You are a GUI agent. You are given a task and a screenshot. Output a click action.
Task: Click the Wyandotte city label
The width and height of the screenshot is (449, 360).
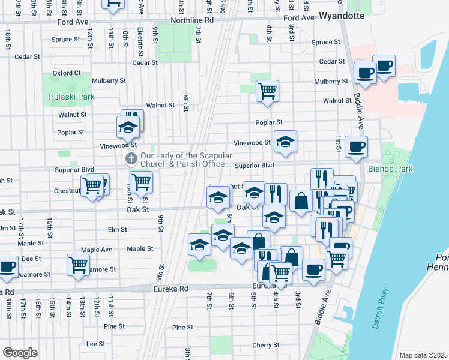(342, 16)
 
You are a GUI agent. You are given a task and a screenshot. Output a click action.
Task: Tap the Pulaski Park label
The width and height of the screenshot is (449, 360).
(72, 97)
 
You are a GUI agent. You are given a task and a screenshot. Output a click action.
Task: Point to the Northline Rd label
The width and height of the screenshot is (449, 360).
(192, 20)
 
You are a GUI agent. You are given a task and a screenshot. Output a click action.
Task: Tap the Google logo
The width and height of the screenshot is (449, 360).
(20, 352)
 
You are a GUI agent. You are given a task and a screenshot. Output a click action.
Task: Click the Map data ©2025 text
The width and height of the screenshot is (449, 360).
(423, 355)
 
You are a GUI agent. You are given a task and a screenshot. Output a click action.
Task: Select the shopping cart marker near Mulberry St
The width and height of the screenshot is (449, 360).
(267, 91)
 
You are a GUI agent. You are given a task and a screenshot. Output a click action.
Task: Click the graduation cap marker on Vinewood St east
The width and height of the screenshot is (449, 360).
(285, 142)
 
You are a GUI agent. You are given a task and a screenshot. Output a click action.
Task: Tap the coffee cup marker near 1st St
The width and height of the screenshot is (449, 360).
(356, 146)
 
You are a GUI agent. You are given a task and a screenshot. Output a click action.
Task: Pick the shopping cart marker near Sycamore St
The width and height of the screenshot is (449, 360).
(78, 264)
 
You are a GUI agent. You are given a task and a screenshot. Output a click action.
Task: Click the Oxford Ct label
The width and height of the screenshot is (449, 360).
(66, 73)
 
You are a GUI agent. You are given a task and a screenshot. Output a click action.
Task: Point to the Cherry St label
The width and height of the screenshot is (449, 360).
(262, 345)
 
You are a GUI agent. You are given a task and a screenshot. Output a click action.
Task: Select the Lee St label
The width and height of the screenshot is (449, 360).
(95, 344)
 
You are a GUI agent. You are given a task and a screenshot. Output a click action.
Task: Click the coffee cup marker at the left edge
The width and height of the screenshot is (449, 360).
(7, 266)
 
